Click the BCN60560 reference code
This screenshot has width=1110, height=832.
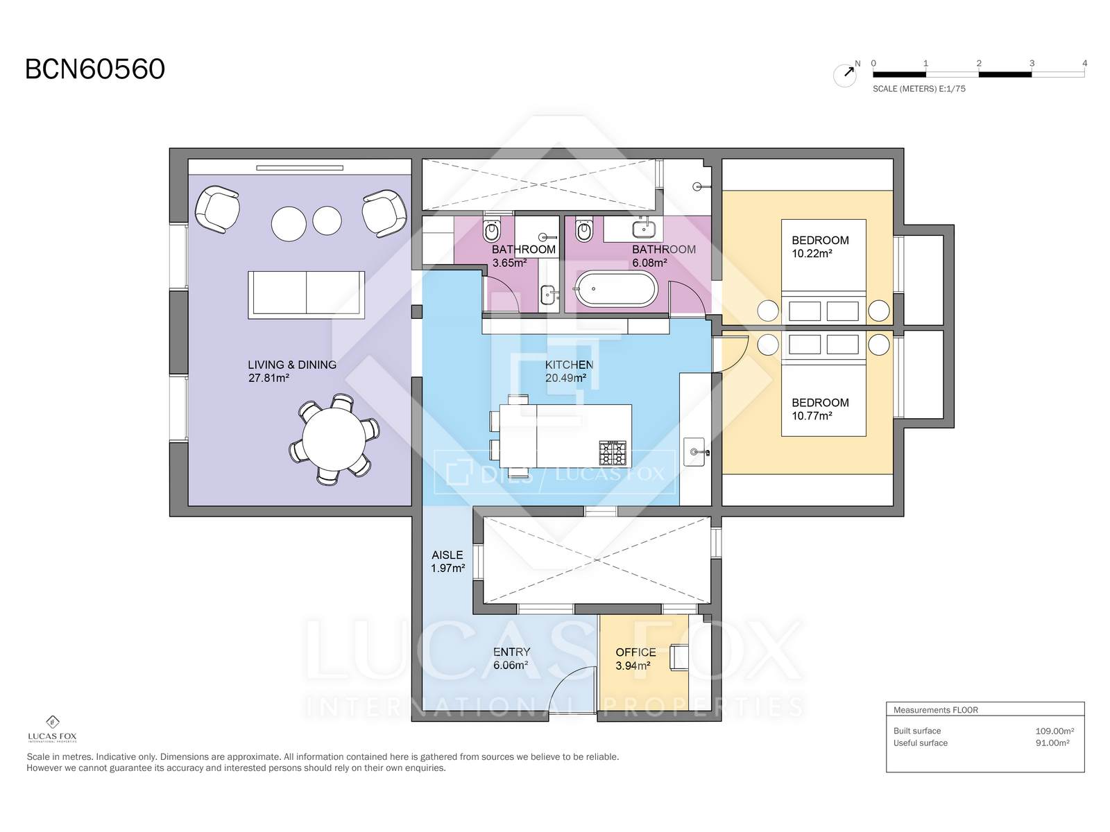(95, 69)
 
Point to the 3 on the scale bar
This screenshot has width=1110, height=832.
(1032, 63)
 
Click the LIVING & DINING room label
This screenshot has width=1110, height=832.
(292, 365)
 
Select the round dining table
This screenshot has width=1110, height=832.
(334, 439)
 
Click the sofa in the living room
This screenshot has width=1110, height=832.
(306, 295)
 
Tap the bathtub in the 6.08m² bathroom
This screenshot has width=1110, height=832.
(615, 289)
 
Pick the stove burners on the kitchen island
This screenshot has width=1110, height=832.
(613, 453)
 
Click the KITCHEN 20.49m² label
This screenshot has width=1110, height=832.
(569, 372)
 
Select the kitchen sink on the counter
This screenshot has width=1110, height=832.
(695, 451)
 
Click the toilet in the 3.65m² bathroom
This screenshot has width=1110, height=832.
(492, 230)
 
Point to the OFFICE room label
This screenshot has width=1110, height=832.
(635, 652)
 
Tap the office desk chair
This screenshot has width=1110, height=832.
(678, 657)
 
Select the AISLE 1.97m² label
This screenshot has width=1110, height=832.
(447, 561)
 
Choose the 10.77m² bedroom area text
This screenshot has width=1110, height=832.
(812, 416)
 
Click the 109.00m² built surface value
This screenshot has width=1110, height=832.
(1054, 731)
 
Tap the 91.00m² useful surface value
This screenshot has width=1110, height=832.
(1052, 743)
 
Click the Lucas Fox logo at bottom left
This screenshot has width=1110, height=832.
(52, 729)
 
